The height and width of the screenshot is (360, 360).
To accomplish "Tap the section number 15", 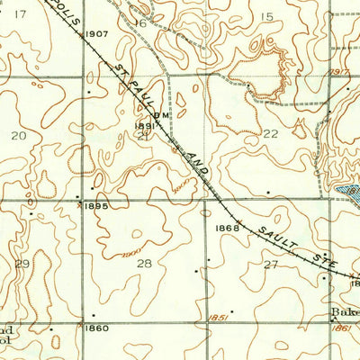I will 265,17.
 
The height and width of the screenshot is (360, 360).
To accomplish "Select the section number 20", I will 18,135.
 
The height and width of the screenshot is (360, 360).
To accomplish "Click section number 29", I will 22,263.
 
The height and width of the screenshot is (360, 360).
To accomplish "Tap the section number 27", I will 270,264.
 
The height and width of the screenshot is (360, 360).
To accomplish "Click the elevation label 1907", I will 95,34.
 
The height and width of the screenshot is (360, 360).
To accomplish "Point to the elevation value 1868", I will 229,228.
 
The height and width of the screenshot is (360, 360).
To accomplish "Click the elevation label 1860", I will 96,328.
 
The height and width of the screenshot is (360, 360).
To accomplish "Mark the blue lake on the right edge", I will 349,191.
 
